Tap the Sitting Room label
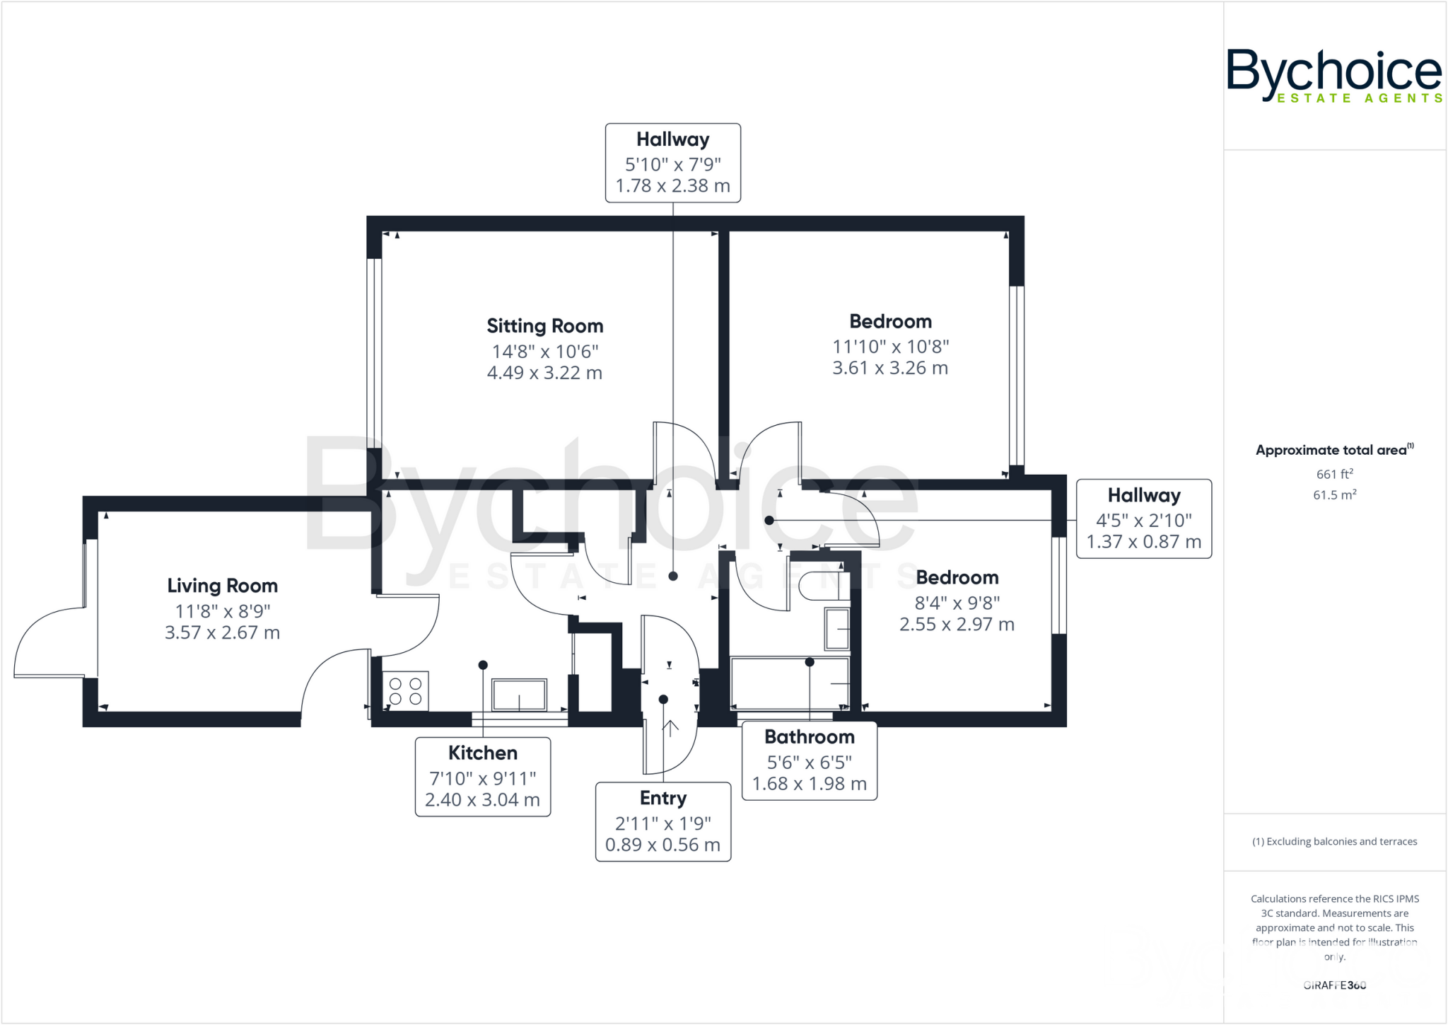click(x=544, y=326)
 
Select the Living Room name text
click(x=222, y=586)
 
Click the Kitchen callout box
click(x=482, y=776)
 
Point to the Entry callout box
click(x=662, y=821)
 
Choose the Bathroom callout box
click(x=809, y=760)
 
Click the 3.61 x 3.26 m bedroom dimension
click(x=889, y=368)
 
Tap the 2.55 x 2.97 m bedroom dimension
click(x=956, y=625)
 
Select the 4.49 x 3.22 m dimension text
click(x=544, y=373)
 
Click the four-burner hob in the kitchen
click(x=406, y=691)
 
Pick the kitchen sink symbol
click(x=519, y=695)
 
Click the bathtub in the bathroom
click(x=789, y=683)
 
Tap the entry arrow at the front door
click(x=669, y=727)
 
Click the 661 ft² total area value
click(x=1334, y=474)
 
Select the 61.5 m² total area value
click(x=1334, y=495)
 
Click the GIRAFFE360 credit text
click(x=1334, y=985)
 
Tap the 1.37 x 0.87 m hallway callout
click(x=1143, y=542)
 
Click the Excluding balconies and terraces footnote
click(x=1334, y=841)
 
